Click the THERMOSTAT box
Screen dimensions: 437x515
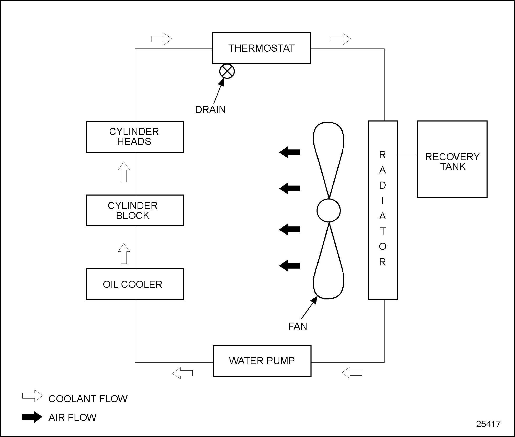click(261, 48)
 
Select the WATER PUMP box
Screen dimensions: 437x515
click(262, 361)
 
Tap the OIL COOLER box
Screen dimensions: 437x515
click(135, 284)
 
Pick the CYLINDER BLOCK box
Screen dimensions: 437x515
click(135, 210)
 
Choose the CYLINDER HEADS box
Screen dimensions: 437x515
click(135, 137)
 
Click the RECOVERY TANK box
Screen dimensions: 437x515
click(452, 159)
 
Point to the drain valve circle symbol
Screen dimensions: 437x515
click(227, 71)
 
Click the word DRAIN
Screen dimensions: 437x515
click(210, 110)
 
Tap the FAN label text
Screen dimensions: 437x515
click(298, 326)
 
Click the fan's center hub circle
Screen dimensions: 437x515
click(329, 211)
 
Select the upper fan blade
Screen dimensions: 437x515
click(328, 153)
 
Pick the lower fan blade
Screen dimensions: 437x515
click(328, 269)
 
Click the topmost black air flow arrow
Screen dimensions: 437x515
click(289, 152)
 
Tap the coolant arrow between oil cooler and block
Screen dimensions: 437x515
click(124, 254)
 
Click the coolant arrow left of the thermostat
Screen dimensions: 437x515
click(162, 39)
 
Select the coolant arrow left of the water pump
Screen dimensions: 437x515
click(182, 373)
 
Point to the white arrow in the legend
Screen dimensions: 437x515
click(32, 396)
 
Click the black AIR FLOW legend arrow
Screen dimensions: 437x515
click(32, 417)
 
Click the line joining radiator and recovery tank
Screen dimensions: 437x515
click(407, 155)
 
